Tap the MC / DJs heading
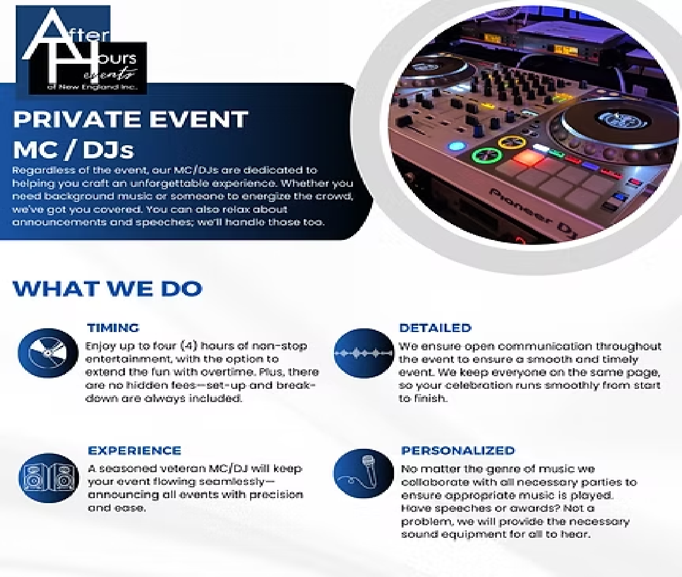73,150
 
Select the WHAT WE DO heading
107,288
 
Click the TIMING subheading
113,328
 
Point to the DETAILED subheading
435,328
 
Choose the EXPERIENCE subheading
134,451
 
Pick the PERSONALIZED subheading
458,451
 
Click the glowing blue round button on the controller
456,146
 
